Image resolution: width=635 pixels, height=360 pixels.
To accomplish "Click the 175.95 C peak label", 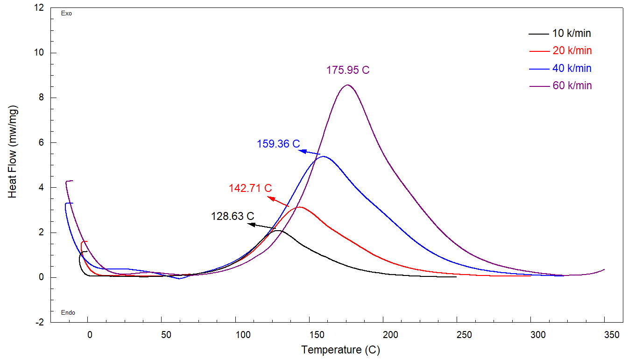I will click(x=348, y=71).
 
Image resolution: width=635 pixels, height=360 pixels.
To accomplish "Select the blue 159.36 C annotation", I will click(x=278, y=144).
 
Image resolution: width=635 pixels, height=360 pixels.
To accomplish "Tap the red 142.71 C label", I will click(x=250, y=188).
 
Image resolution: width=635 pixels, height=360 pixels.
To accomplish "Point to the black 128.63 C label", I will click(x=233, y=216).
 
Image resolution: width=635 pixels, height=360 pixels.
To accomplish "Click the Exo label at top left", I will click(x=67, y=14).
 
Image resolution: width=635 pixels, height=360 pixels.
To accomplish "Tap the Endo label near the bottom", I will click(x=68, y=313).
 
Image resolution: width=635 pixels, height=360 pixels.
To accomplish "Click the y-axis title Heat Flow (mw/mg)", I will click(x=13, y=153).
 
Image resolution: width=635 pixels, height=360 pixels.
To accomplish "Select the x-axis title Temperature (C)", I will click(x=340, y=350).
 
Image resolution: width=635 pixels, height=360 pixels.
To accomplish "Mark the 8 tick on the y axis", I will click(x=41, y=98).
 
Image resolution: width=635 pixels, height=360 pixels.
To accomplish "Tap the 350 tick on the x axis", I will click(x=612, y=335).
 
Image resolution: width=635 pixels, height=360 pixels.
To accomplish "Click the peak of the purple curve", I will click(x=347, y=85).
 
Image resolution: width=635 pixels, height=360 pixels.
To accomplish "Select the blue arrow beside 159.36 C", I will click(x=310, y=152).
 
